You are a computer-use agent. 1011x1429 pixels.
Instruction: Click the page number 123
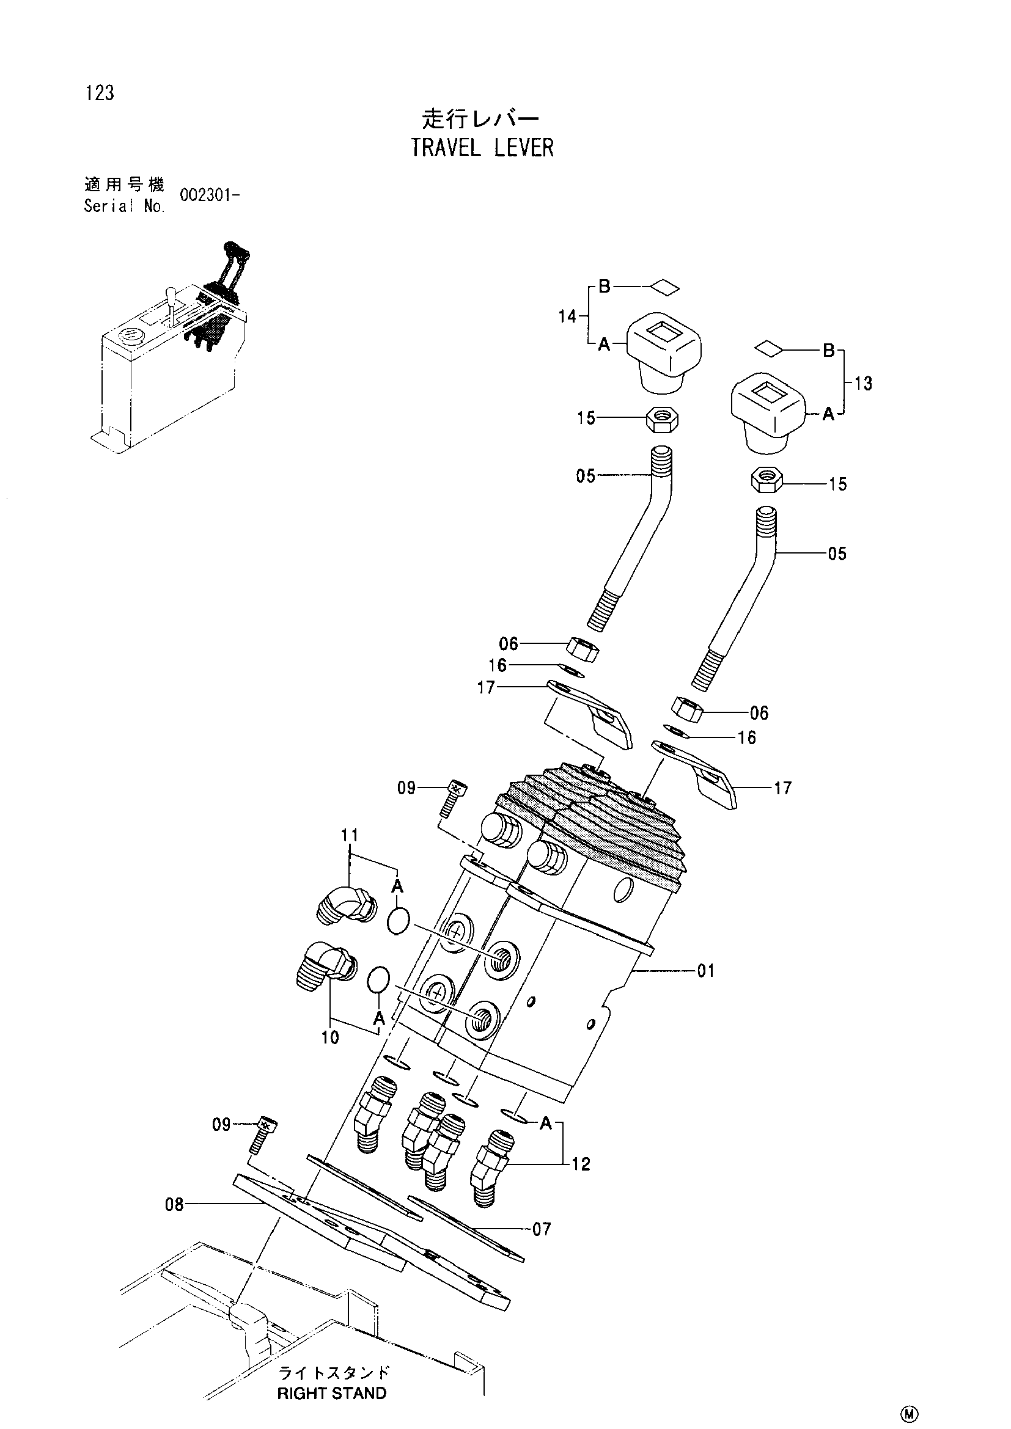100,93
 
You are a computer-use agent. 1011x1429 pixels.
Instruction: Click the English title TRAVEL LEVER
482,147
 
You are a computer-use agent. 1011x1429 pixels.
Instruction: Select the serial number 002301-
210,195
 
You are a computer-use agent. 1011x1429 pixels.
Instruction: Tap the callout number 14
567,316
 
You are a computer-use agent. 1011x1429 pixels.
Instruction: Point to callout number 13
863,384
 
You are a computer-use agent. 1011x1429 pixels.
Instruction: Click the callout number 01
706,971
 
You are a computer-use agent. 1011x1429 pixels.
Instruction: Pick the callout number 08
174,1205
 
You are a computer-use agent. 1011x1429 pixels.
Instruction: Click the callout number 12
581,1164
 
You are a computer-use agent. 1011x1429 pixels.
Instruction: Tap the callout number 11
350,835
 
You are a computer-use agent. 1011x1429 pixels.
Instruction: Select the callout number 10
330,1037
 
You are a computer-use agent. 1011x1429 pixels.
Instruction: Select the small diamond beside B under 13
770,348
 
